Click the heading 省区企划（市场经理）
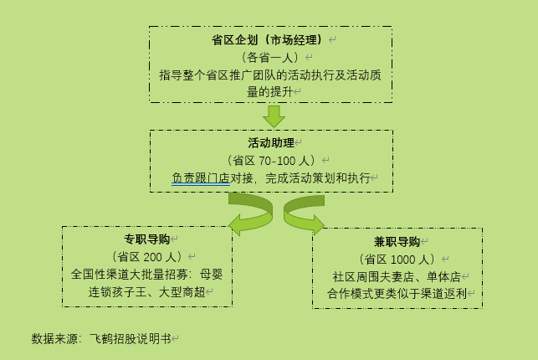click(268, 40)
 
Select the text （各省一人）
click(270, 57)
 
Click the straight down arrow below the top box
click(274, 116)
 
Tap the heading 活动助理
click(271, 143)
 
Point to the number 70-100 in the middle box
click(277, 161)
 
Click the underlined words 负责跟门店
click(201, 178)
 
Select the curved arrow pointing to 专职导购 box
click(251, 213)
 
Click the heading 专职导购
click(147, 239)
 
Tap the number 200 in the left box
click(152, 257)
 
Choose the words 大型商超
click(182, 292)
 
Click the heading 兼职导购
click(397, 242)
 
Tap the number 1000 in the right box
click(402, 260)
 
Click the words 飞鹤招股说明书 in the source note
click(131, 339)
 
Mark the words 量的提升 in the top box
click(270, 91)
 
